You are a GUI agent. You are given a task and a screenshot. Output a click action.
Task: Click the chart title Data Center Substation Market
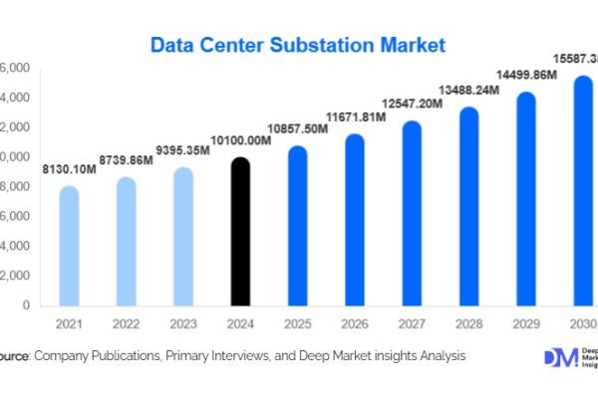click(x=298, y=45)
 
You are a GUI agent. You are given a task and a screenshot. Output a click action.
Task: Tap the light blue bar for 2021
click(x=69, y=246)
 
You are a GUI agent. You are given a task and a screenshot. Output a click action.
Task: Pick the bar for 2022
click(x=126, y=242)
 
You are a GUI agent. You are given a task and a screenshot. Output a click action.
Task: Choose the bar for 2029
click(x=526, y=199)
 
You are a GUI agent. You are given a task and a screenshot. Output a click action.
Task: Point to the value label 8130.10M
click(x=69, y=171)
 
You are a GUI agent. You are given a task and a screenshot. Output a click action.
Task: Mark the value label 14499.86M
click(x=526, y=75)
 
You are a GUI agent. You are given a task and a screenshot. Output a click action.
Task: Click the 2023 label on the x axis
click(x=183, y=325)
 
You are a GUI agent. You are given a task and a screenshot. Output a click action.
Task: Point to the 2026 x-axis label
click(x=355, y=325)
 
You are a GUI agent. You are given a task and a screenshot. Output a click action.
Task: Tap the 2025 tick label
click(x=298, y=325)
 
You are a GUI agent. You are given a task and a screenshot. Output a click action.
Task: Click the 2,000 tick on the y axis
click(x=14, y=276)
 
